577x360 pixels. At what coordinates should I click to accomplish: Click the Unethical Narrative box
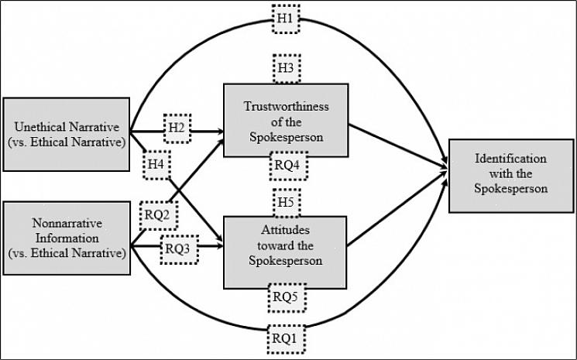coord(66,133)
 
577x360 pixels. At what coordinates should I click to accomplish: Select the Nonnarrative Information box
coord(66,238)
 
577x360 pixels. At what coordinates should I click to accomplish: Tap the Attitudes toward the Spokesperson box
coord(285,248)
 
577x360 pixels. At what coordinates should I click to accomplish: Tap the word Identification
coord(510,158)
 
